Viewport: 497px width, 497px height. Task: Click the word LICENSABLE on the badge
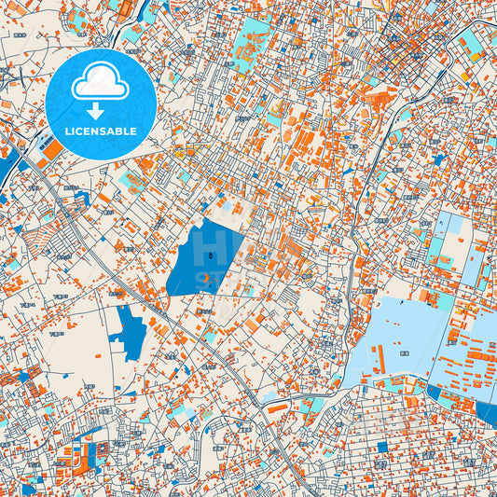pos(100,131)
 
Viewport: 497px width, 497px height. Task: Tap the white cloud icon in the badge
pos(100,80)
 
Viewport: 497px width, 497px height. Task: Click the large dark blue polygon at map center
pos(204,260)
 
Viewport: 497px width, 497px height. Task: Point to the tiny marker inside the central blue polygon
pos(213,255)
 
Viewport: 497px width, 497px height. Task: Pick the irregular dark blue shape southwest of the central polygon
pos(130,331)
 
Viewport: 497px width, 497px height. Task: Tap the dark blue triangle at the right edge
pos(488,411)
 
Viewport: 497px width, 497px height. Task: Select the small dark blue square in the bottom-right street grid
pos(381,448)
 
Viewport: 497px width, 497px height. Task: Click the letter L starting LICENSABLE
pos(65,131)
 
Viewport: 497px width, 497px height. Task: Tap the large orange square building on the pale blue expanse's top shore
pos(428,296)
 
